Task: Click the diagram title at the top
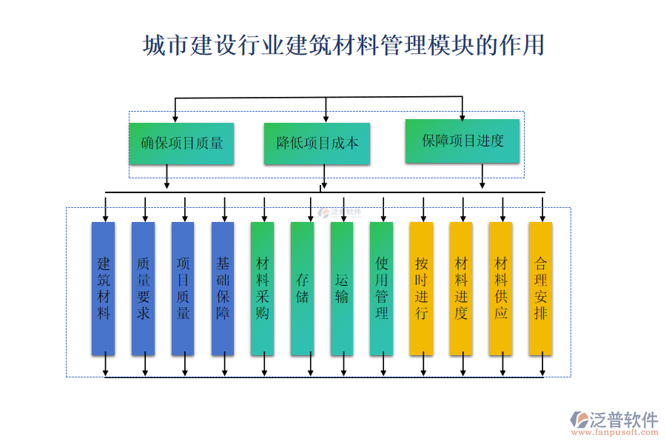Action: coord(343,45)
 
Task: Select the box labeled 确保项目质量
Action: coord(181,144)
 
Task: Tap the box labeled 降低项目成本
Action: coord(317,144)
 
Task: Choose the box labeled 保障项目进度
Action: coord(462,141)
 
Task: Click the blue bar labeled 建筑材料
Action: coord(104,289)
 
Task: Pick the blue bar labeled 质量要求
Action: coord(144,289)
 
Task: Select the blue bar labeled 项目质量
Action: coord(183,289)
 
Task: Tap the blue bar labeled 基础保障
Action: coord(223,289)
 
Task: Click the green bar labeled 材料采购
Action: coord(262,289)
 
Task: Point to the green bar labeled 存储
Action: coord(302,289)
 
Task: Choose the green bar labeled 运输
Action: coord(342,289)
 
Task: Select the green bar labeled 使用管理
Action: coord(382,289)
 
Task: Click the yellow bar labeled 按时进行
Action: coord(421,289)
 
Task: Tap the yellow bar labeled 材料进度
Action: coord(461,289)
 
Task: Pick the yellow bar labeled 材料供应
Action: coord(501,289)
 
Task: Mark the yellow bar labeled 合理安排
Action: coord(541,289)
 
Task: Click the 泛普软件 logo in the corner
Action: coord(614,420)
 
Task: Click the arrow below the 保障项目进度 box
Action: coord(482,176)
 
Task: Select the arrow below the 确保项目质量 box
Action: coord(167,177)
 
